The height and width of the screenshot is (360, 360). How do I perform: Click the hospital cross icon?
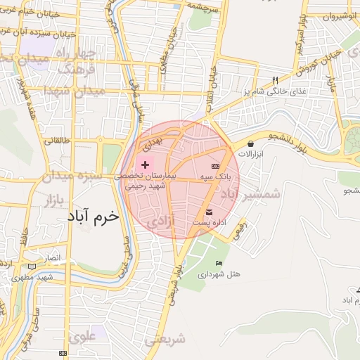(145, 164)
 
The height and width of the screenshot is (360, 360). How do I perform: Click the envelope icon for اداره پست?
(209, 212)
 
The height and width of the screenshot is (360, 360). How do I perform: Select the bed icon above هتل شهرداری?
(219, 263)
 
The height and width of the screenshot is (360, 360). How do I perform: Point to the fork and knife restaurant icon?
(276, 80)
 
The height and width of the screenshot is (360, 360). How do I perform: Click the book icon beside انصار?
(30, 266)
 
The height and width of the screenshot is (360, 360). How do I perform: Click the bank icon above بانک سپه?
(215, 165)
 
